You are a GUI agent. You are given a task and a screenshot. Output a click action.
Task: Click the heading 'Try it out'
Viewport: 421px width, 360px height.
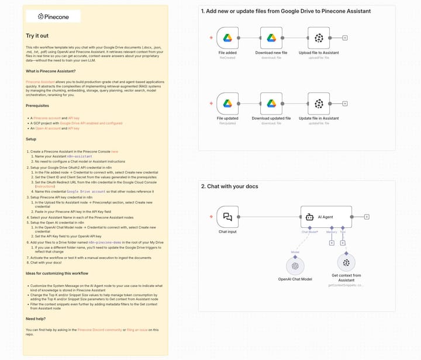click(37, 36)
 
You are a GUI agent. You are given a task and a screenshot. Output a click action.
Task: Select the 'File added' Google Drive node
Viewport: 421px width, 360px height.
click(227, 38)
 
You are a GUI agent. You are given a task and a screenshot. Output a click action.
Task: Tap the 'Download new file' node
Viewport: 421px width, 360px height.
click(271, 38)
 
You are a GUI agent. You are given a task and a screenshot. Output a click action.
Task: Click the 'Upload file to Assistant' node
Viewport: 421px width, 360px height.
click(318, 38)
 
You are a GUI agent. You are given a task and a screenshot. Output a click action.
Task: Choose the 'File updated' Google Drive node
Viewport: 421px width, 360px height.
click(227, 104)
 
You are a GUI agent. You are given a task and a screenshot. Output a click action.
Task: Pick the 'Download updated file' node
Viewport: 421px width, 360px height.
click(271, 104)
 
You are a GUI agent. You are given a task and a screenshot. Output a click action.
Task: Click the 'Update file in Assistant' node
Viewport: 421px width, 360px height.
click(318, 104)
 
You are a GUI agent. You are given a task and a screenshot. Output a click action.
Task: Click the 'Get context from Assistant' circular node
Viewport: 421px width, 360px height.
click(347, 263)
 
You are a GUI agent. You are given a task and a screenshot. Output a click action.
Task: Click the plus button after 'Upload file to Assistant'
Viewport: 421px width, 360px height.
click(345, 38)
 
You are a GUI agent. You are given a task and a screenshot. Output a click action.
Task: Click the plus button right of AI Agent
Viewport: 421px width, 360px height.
click(366, 217)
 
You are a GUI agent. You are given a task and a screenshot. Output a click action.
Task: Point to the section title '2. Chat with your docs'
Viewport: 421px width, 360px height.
click(229, 186)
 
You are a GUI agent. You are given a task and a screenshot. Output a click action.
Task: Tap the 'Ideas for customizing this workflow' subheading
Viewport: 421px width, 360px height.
click(57, 273)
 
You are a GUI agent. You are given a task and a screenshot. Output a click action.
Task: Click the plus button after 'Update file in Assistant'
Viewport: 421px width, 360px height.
click(345, 104)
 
